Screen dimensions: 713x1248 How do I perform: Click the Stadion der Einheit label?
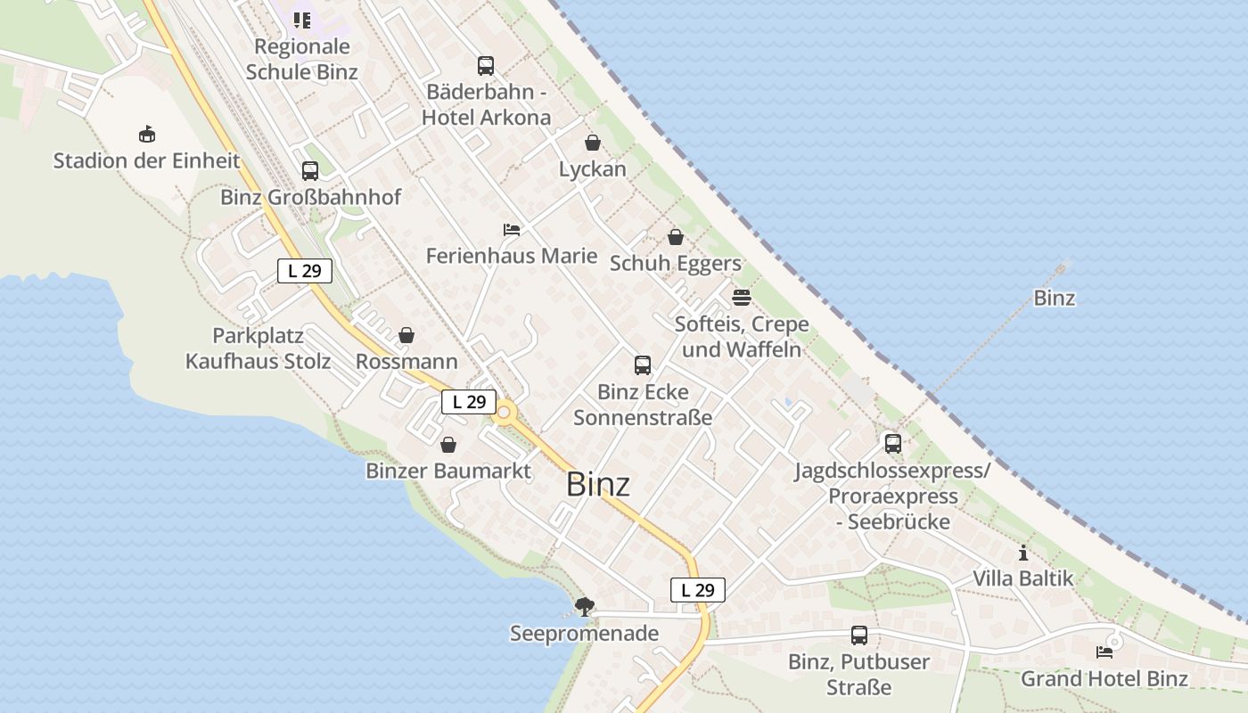click(x=147, y=161)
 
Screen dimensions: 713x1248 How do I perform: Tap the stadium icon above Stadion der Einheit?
click(x=147, y=135)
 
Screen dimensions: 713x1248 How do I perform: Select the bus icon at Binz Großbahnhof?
click(x=310, y=171)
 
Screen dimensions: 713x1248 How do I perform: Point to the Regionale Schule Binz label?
click(x=302, y=60)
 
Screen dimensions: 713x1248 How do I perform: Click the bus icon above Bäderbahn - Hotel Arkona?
click(x=486, y=66)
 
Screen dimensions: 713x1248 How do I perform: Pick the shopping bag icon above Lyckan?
click(x=593, y=143)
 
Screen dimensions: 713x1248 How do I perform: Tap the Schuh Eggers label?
click(x=676, y=263)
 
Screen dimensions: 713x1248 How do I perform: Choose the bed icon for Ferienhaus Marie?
click(x=512, y=230)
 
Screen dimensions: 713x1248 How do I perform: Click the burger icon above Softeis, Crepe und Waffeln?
click(x=742, y=297)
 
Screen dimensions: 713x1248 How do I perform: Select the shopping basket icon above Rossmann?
click(x=406, y=335)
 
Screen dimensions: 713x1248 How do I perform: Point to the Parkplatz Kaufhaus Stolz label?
click(x=258, y=348)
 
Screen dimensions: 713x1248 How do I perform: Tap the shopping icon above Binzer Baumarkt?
click(x=448, y=444)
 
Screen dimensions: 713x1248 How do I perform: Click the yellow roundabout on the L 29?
click(x=505, y=413)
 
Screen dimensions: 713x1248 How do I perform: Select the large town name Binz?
click(x=598, y=485)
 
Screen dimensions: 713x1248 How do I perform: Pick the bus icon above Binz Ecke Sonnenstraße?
click(x=643, y=365)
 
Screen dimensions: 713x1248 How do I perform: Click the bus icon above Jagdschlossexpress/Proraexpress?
click(x=892, y=443)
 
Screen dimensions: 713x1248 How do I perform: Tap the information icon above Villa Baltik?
click(x=1023, y=553)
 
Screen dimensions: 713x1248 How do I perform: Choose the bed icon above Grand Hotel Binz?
click(x=1104, y=652)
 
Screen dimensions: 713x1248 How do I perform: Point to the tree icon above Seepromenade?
click(x=585, y=607)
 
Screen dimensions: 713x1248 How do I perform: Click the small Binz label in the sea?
click(x=1055, y=298)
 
